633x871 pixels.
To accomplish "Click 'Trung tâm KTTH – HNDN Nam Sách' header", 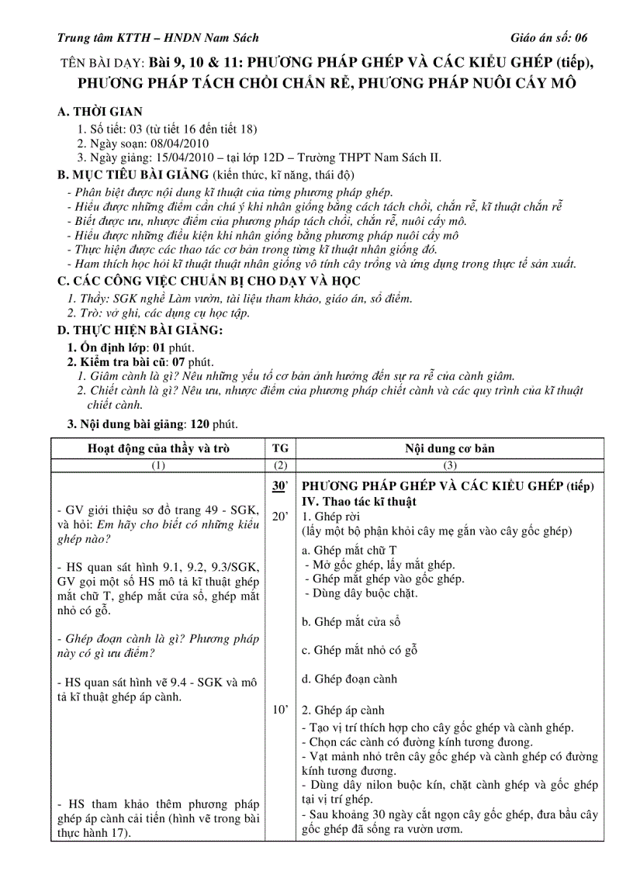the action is (x=158, y=37).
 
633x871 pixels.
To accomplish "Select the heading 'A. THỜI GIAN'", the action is (x=100, y=112).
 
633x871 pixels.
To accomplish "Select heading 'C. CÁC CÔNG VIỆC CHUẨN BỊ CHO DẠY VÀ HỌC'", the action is (x=209, y=281).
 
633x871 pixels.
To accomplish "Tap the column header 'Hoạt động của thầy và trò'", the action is (x=158, y=448).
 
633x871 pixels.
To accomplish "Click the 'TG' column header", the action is (x=280, y=448).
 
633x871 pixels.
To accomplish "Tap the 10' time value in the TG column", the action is (x=280, y=710).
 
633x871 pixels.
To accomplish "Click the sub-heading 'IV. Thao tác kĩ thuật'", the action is (x=359, y=501).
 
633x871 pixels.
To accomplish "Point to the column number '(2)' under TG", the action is (x=280, y=465).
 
